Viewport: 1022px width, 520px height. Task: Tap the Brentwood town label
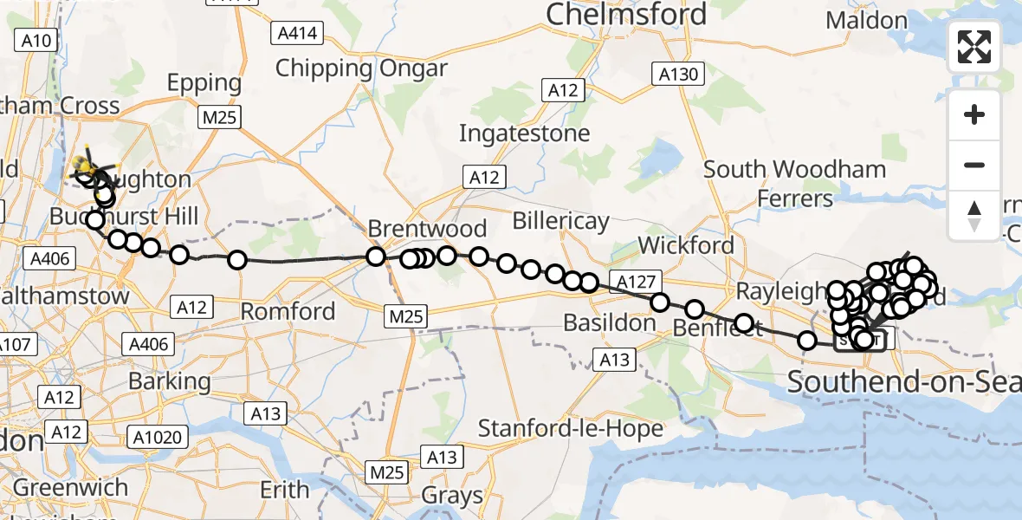click(427, 229)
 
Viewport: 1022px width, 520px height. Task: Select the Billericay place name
click(560, 222)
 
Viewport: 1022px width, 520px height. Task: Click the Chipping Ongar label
click(361, 68)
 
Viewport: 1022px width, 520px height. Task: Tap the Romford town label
click(288, 310)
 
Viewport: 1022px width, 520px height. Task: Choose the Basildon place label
click(610, 323)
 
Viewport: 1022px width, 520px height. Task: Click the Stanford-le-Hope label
click(571, 428)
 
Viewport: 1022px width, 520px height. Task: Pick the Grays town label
click(452, 496)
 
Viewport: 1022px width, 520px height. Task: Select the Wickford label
click(687, 245)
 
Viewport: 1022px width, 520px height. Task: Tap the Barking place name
click(169, 380)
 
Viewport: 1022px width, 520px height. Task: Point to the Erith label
click(285, 490)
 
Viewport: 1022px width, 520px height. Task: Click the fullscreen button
click(974, 47)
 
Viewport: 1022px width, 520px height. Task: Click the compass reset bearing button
click(974, 215)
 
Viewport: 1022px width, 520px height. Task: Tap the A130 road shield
click(678, 75)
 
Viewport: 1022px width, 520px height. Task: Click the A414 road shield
click(297, 34)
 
